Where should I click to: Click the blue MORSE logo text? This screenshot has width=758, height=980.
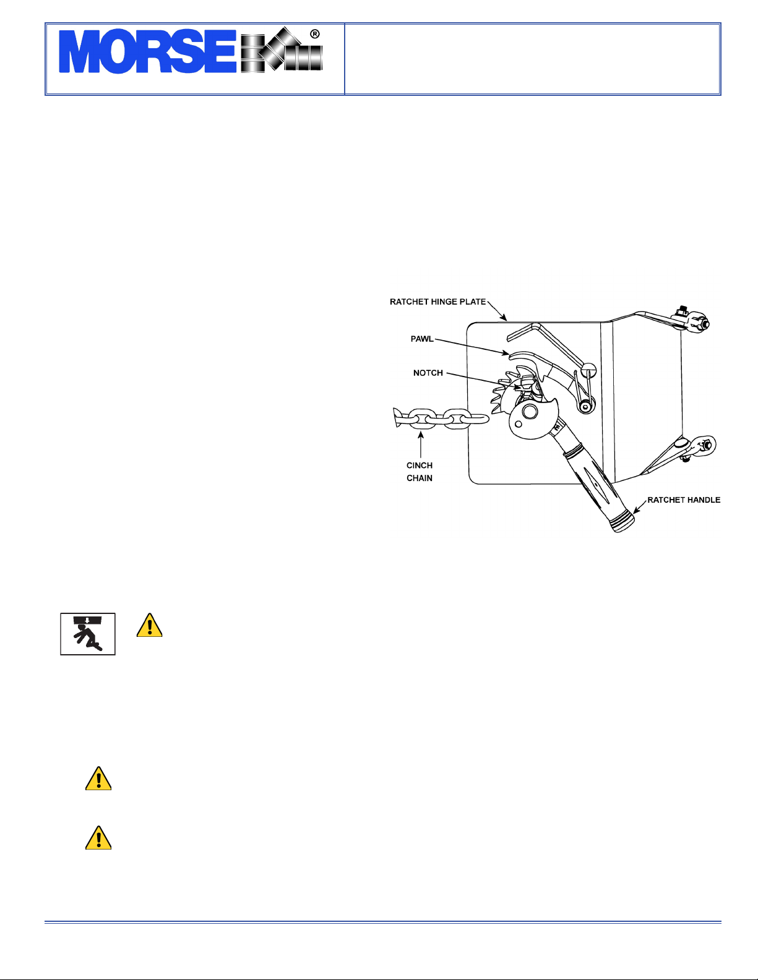point(148,51)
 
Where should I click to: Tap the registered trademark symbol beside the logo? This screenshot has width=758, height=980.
point(315,34)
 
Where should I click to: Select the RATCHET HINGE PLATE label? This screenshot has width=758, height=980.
point(437,302)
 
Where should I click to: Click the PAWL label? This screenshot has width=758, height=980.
point(422,339)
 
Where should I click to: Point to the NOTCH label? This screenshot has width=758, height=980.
point(428,373)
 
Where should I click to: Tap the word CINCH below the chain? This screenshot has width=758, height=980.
point(420,466)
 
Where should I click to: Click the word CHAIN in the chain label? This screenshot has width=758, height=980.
point(420,478)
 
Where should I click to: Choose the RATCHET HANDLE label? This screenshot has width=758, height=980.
point(684,500)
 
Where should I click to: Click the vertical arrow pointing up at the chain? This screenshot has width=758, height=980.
point(421,445)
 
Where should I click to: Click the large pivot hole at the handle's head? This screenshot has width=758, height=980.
point(530,411)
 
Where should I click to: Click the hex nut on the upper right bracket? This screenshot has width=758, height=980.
point(702,324)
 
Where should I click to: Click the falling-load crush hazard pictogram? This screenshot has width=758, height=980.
point(88,634)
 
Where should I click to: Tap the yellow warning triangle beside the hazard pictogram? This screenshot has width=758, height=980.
point(149,625)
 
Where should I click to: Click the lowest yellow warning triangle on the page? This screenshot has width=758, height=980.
point(98,838)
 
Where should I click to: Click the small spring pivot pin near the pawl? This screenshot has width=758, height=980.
point(585,406)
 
